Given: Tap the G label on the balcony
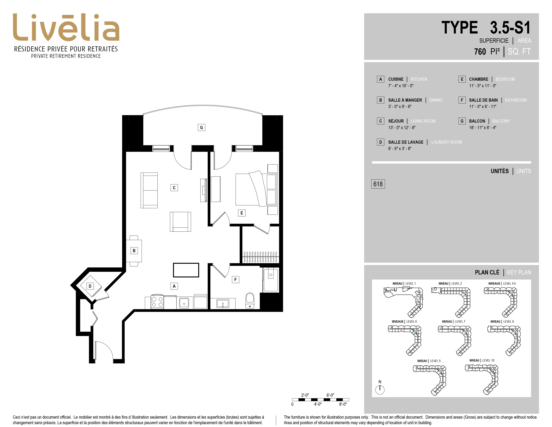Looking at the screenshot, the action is point(201,127).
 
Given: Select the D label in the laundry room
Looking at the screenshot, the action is point(90,286).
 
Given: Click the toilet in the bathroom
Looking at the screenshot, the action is point(250,301).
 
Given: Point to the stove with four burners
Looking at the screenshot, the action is point(157,302).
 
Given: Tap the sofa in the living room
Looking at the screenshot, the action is point(149,190).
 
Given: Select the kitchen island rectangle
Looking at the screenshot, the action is point(186,270).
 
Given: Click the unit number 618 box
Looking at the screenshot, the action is point(378,184).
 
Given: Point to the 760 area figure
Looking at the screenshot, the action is point(480,52).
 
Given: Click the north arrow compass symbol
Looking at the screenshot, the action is point(380,389).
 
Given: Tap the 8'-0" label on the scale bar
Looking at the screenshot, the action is point(343,404).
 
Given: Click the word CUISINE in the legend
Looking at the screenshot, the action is point(396,79).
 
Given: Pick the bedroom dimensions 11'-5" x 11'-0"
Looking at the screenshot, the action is point(482,86).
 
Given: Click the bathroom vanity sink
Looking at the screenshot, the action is point(223,304).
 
